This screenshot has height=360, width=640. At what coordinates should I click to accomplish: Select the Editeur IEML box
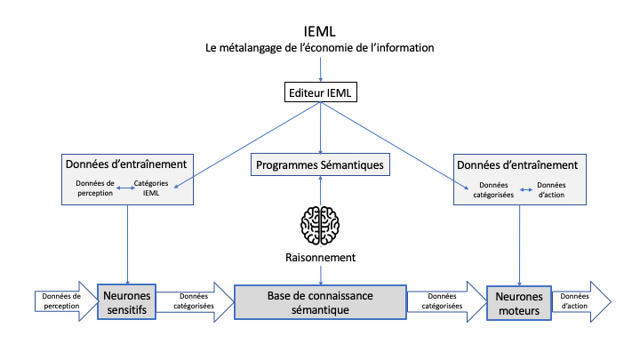[x=320, y=92]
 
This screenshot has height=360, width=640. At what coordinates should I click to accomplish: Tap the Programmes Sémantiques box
[x=320, y=164]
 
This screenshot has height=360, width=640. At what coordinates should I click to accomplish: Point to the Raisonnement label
[x=320, y=257]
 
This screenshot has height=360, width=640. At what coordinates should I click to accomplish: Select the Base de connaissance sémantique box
[x=320, y=302]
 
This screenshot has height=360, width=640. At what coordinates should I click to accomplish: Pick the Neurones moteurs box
[x=518, y=302]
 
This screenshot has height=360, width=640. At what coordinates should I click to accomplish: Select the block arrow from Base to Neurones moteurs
[x=445, y=302]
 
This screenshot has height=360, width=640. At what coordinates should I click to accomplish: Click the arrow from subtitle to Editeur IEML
[x=320, y=68]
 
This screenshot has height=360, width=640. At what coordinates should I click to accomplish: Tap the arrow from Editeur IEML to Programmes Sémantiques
[x=320, y=129]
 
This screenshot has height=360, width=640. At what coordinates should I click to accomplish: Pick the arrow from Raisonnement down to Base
[x=320, y=274]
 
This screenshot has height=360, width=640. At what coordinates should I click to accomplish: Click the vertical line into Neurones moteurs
[x=519, y=240]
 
